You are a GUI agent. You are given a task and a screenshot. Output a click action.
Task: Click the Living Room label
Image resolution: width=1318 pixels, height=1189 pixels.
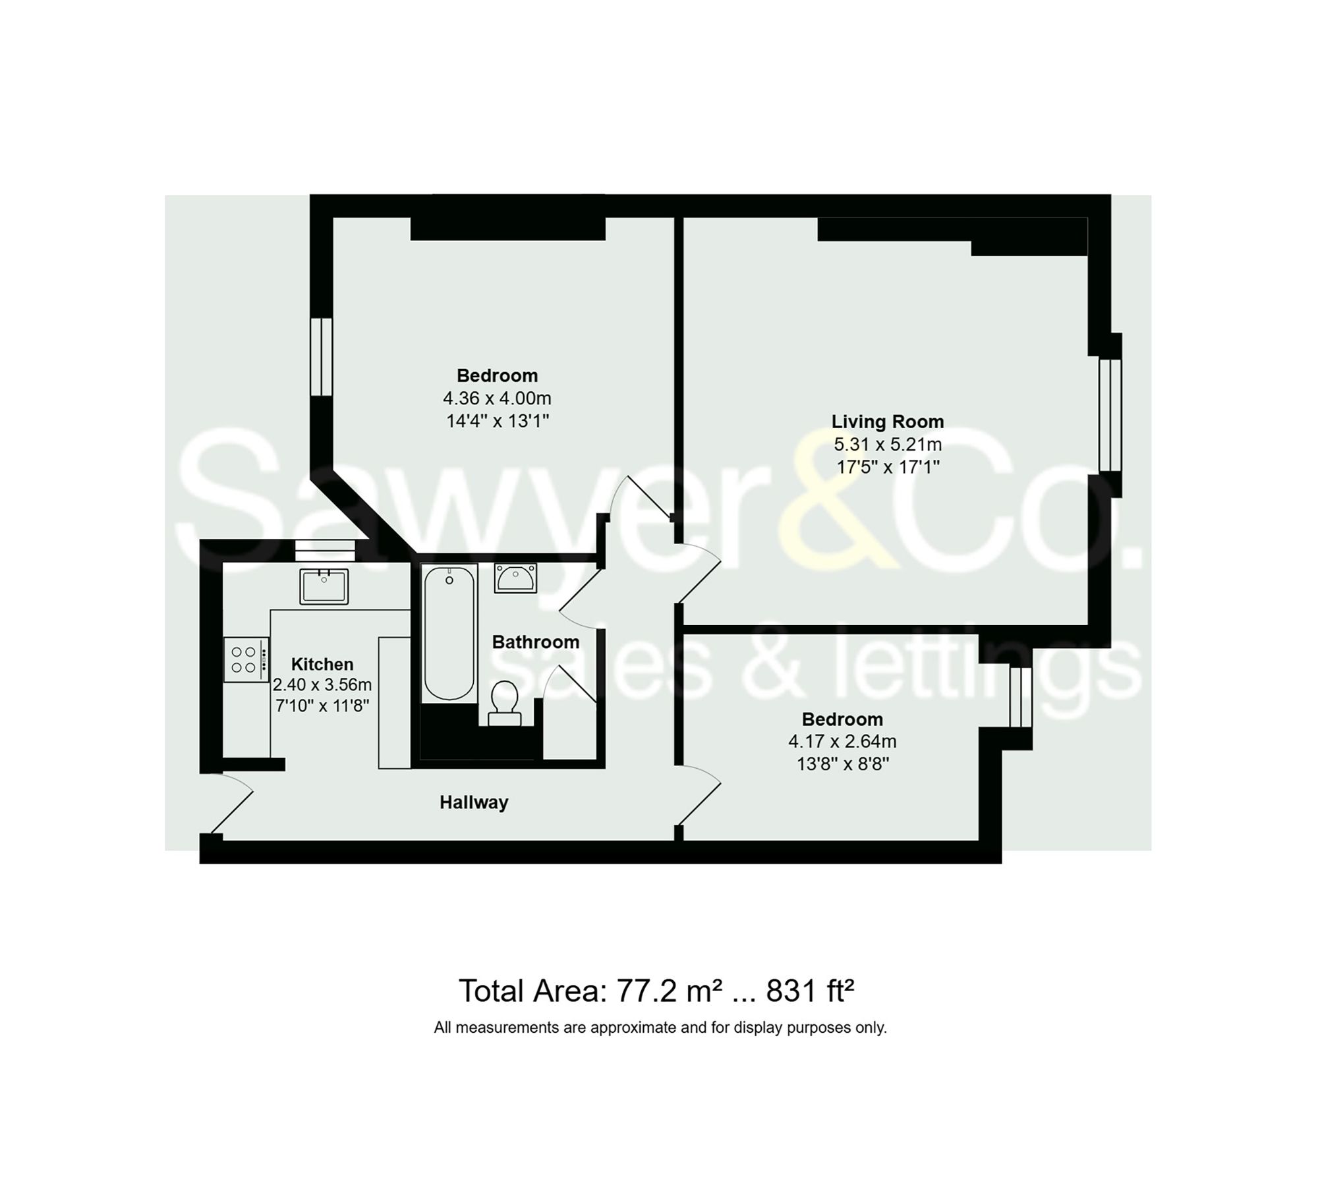[887, 422]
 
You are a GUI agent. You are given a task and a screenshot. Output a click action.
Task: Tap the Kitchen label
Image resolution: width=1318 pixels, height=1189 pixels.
[322, 664]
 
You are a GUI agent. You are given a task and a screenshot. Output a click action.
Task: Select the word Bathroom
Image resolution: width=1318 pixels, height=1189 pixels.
[536, 642]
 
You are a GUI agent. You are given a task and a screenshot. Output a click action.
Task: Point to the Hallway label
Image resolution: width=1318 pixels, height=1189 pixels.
[474, 802]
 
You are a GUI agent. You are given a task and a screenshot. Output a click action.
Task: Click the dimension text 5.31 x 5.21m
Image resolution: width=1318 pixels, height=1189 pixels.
[887, 445]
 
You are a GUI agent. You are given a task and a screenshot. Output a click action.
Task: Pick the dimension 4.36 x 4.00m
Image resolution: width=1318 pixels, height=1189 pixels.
[497, 399]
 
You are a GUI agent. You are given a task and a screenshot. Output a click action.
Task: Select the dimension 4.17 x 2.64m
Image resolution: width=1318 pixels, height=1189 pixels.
[842, 742]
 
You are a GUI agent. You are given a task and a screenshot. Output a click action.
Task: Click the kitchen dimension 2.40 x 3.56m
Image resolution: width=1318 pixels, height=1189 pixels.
[322, 685]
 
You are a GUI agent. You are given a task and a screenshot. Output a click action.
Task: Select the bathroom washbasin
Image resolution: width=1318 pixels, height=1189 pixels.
[515, 578]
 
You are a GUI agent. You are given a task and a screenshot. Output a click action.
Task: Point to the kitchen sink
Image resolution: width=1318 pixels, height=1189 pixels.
[324, 586]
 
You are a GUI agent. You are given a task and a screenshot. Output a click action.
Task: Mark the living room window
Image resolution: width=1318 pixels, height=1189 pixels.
[1110, 415]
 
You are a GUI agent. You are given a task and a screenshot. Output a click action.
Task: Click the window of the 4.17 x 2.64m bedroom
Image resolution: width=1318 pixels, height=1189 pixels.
[1020, 698]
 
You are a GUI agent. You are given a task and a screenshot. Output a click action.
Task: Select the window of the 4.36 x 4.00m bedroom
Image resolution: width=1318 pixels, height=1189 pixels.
[321, 356]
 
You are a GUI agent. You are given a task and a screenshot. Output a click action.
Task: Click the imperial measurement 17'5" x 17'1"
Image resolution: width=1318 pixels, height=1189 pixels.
[887, 468]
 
